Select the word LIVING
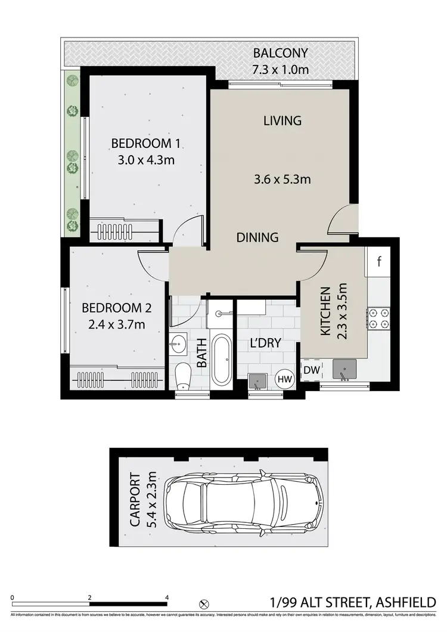(x=283, y=120)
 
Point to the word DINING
(x=257, y=237)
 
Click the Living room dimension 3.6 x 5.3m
(x=283, y=179)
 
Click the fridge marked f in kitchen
(x=380, y=262)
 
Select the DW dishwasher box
(x=311, y=370)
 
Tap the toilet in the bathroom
(x=184, y=376)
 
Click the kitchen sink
(x=344, y=370)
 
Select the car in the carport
(x=245, y=500)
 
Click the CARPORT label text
(x=136, y=500)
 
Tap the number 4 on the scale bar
(x=167, y=597)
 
